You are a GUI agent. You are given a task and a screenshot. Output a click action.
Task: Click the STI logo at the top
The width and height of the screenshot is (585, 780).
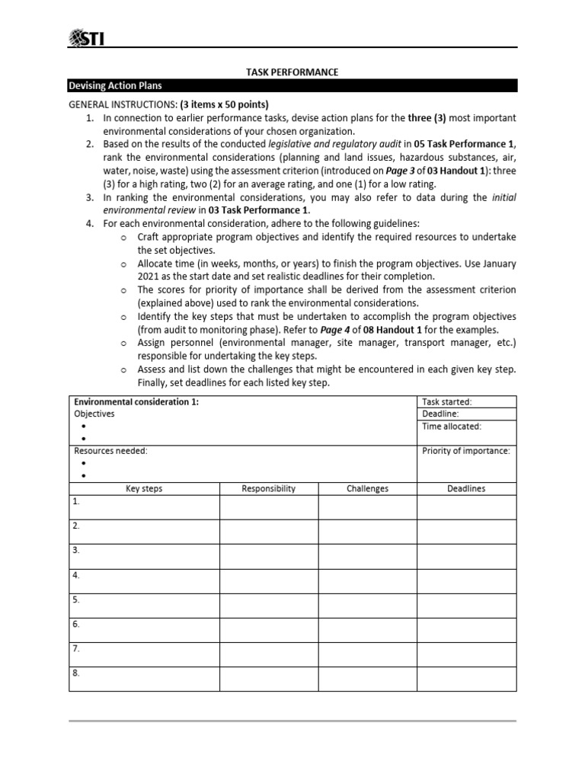(x=86, y=37)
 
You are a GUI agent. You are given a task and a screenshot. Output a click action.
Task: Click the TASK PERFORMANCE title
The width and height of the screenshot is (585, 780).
(x=292, y=72)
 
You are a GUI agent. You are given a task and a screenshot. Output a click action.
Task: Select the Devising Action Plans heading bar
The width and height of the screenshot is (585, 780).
(x=292, y=86)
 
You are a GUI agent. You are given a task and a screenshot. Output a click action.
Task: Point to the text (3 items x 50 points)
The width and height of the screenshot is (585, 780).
(x=224, y=104)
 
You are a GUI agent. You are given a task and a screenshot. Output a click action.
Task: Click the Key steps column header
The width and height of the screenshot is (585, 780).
(x=144, y=488)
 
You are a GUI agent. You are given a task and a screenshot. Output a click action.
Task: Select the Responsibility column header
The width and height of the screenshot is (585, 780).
(x=268, y=488)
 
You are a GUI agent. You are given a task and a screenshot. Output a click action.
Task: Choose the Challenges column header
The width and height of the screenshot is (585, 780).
(x=367, y=488)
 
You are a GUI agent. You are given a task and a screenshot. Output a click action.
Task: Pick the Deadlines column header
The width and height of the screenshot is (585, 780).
(x=466, y=488)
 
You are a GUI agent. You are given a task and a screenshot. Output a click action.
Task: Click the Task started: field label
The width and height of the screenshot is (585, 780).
(x=447, y=401)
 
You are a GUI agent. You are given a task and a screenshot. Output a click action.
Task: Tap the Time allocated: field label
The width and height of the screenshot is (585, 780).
(x=452, y=427)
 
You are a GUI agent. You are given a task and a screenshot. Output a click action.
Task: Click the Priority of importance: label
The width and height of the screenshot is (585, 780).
(x=466, y=451)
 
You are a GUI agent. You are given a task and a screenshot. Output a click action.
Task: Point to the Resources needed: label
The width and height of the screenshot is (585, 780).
(x=110, y=451)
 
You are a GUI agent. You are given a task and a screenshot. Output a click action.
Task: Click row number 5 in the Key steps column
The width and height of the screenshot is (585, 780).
(x=76, y=599)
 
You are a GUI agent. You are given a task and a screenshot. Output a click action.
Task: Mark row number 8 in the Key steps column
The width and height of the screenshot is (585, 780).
(x=76, y=673)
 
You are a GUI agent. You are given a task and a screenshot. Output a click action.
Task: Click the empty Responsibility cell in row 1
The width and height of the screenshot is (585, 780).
(x=268, y=507)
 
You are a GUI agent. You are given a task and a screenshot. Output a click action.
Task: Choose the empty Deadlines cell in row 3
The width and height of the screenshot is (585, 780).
(x=466, y=556)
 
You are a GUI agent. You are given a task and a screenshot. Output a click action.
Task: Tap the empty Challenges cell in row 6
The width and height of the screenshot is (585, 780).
(x=367, y=629)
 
